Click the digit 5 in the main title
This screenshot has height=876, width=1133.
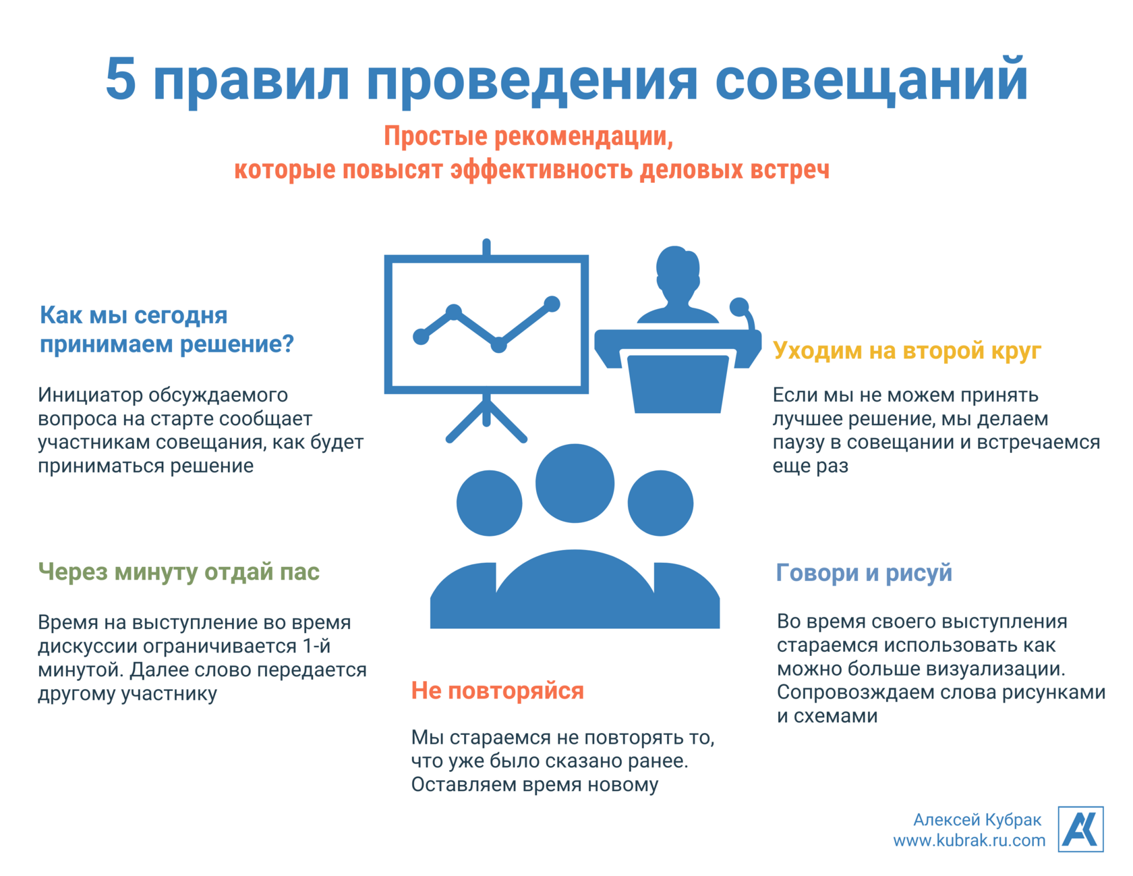click(x=122, y=79)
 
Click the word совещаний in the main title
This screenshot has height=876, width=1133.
click(x=871, y=80)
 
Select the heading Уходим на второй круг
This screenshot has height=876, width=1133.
click(x=907, y=352)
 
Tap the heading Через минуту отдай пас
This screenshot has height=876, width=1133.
click(x=179, y=572)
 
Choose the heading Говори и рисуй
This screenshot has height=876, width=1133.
click(x=864, y=573)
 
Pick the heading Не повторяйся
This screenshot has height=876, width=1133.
click(x=498, y=691)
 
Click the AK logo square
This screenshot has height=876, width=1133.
click(x=1080, y=829)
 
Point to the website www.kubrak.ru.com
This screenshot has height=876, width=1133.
click(x=969, y=840)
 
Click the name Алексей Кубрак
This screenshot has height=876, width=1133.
click(x=977, y=819)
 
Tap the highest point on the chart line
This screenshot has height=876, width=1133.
click(x=552, y=304)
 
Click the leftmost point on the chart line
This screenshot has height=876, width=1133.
click(x=421, y=336)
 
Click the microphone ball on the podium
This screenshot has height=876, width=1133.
click(x=739, y=307)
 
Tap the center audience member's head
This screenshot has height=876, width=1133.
click(x=575, y=483)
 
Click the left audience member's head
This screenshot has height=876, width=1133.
click(x=489, y=503)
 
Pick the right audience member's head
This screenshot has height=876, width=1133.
click(x=660, y=503)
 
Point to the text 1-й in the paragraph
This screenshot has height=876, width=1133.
click(x=315, y=646)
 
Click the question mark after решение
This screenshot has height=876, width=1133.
click(x=288, y=344)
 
